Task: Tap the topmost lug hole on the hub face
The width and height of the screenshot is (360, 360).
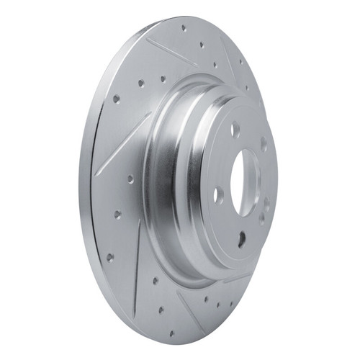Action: (x=235, y=130)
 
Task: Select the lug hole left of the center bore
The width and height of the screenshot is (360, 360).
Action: (x=219, y=194)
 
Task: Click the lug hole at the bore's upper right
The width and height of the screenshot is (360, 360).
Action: (x=264, y=143)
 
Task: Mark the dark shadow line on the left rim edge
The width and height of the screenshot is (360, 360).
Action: (x=93, y=216)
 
